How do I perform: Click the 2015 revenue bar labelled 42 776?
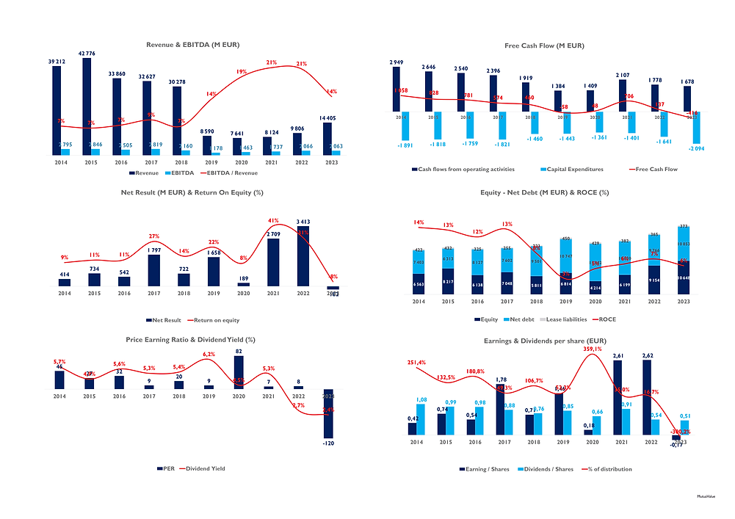click(x=87, y=103)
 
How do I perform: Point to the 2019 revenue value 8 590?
click(x=207, y=129)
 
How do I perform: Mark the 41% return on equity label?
click(x=273, y=220)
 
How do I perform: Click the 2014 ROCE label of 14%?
click(x=419, y=222)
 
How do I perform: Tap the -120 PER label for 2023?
click(x=328, y=443)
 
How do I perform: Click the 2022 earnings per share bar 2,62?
click(x=647, y=397)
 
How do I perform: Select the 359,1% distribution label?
click(x=591, y=349)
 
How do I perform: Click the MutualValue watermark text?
click(x=708, y=496)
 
